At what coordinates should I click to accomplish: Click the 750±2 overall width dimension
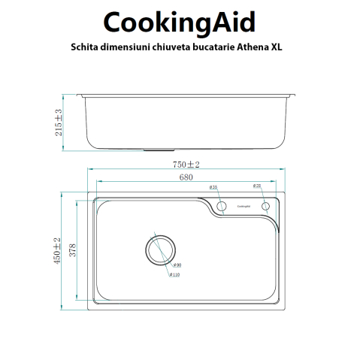point(186,165)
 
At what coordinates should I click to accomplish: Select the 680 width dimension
point(186,178)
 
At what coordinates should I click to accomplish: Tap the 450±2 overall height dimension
point(57,250)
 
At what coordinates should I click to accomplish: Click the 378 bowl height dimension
point(73,250)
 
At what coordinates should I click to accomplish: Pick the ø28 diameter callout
point(256,186)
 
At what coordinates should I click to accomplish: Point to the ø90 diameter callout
point(177,265)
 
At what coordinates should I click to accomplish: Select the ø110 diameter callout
point(174,275)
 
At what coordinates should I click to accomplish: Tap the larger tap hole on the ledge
point(222,206)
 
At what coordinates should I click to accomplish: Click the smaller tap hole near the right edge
point(265,206)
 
